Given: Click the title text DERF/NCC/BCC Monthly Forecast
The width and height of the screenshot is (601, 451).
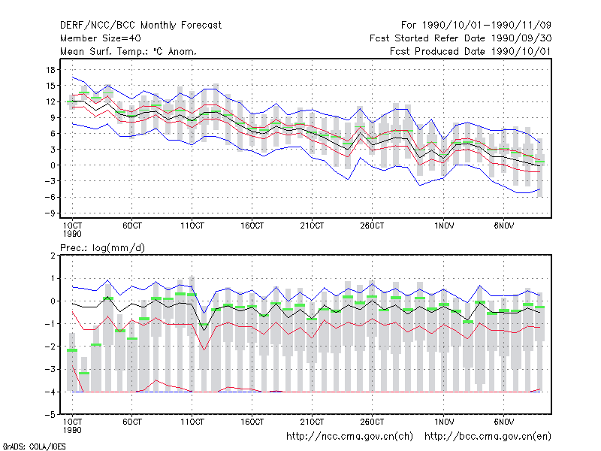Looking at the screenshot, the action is pyautogui.click(x=140, y=26).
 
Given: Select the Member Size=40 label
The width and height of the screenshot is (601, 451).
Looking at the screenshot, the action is pyautogui.click(x=101, y=38).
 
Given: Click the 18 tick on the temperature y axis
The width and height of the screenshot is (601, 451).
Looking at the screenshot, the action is pyautogui.click(x=50, y=70).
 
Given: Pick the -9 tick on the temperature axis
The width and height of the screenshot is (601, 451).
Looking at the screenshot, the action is pyautogui.click(x=50, y=213).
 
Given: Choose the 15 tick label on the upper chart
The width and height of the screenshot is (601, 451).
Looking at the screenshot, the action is pyautogui.click(x=50, y=86).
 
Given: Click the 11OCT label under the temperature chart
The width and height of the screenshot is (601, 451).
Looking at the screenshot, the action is pyautogui.click(x=192, y=225).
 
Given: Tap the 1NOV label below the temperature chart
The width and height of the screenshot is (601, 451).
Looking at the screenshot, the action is pyautogui.click(x=444, y=225).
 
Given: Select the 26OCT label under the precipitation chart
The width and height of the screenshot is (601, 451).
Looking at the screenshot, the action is pyautogui.click(x=372, y=422).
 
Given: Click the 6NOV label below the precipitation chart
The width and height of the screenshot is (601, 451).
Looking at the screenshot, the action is pyautogui.click(x=503, y=422).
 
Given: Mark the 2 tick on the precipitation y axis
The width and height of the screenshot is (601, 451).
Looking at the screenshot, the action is pyautogui.click(x=53, y=256).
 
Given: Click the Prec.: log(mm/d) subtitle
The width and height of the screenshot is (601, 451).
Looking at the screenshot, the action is pyautogui.click(x=102, y=248).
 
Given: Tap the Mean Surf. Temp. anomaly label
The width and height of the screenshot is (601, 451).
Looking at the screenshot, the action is pyautogui.click(x=128, y=51).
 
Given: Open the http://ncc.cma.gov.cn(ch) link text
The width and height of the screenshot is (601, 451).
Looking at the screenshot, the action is pyautogui.click(x=349, y=437).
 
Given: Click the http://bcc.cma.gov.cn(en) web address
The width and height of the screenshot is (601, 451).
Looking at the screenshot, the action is pyautogui.click(x=488, y=437).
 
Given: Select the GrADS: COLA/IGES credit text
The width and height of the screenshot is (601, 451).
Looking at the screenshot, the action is pyautogui.click(x=34, y=446).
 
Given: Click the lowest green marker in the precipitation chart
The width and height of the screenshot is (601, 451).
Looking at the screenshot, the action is pyautogui.click(x=84, y=373).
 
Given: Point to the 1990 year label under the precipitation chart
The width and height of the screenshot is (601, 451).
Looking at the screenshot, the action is pyautogui.click(x=72, y=430).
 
